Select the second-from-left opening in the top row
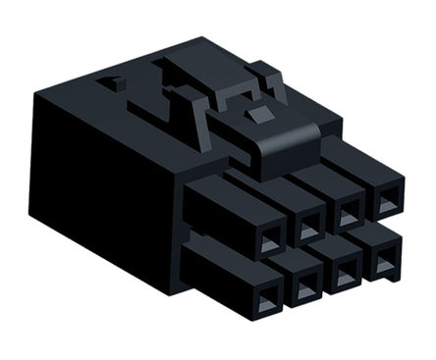pos(308,229)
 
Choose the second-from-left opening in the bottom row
pos(305,285)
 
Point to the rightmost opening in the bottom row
pos(383,263)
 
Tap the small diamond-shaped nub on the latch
pos(259,116)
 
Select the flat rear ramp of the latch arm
pos(187,78)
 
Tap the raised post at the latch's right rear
pos(265,77)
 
